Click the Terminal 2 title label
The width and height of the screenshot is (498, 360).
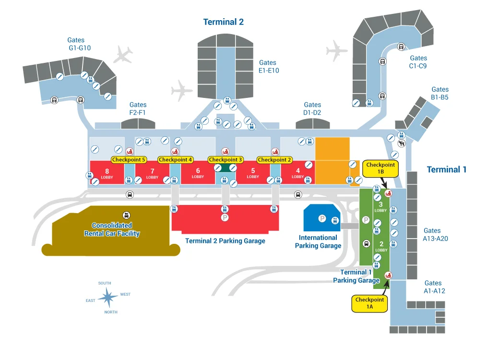click(x=223, y=22)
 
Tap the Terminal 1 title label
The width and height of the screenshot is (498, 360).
click(x=446, y=169)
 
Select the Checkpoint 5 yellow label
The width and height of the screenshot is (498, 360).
click(x=129, y=159)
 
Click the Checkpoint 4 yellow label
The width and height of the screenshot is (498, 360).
click(x=176, y=159)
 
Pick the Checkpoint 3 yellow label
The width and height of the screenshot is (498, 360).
click(x=225, y=159)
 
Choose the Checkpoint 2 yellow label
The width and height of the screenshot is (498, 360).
click(x=274, y=159)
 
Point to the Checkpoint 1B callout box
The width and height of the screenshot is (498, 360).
click(x=380, y=168)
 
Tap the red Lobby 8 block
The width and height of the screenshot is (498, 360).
click(x=107, y=173)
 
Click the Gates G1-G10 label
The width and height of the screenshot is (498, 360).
click(x=80, y=44)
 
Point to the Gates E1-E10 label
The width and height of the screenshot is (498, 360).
click(x=268, y=66)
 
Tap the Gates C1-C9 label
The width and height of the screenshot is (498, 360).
click(x=418, y=62)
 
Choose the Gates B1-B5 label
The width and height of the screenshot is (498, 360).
click(x=439, y=93)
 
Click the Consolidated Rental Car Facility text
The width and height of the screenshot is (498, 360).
click(x=112, y=229)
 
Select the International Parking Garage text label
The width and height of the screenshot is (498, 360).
click(x=318, y=241)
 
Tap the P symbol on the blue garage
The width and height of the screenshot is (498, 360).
click(x=322, y=218)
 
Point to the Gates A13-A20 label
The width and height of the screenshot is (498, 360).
click(x=436, y=234)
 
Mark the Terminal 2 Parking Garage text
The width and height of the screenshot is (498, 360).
click(x=225, y=241)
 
